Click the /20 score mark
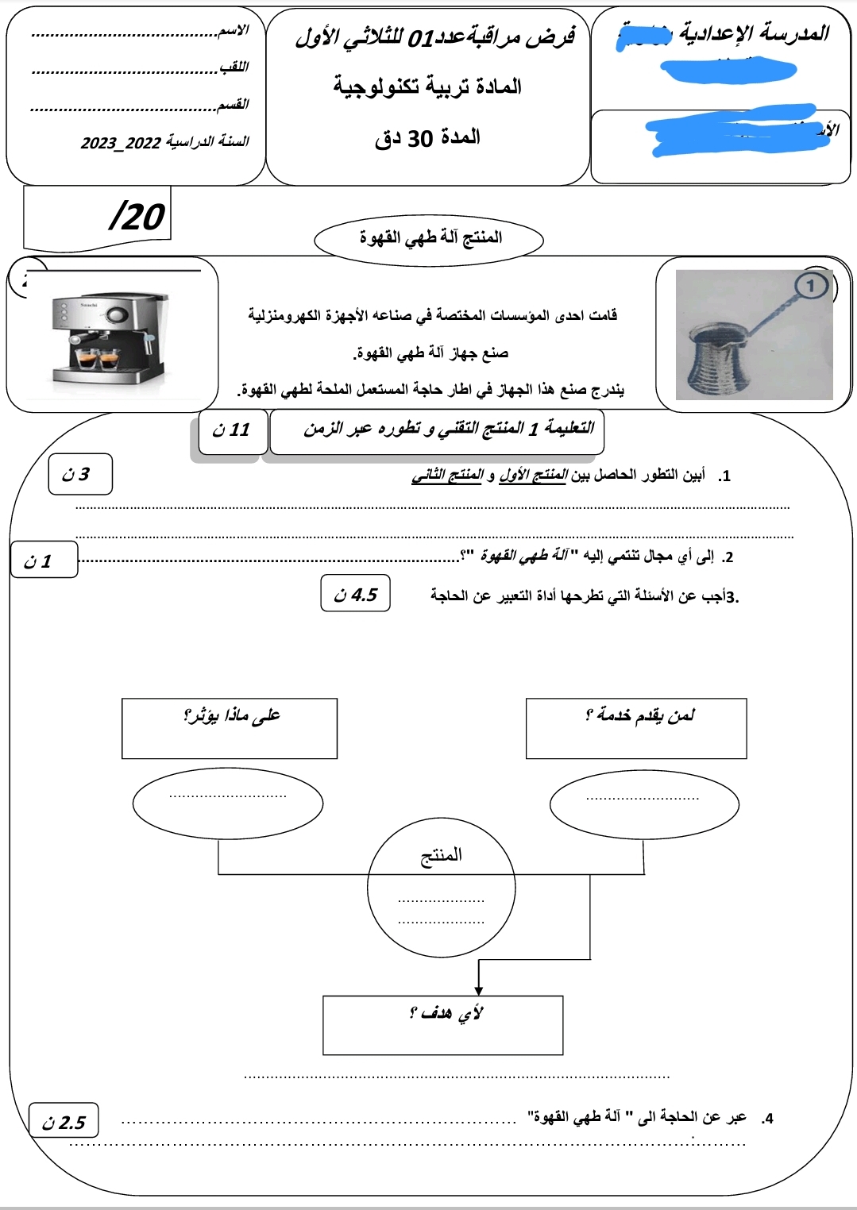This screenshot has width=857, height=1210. pyautogui.click(x=137, y=216)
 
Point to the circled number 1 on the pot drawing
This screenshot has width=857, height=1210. pyautogui.click(x=810, y=286)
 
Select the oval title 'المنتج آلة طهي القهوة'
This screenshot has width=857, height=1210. pyautogui.click(x=429, y=238)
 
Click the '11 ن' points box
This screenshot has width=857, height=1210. pyautogui.click(x=232, y=430)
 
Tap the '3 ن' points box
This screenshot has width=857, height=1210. pyautogui.click(x=79, y=475)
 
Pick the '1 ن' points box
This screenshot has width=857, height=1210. pyautogui.click(x=44, y=561)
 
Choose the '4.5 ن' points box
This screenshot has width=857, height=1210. pyautogui.click(x=356, y=594)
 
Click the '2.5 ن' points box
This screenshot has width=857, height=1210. pyautogui.click(x=64, y=1122)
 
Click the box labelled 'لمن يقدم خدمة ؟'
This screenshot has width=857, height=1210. pyautogui.click(x=636, y=728)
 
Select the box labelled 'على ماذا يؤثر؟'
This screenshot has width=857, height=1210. pyautogui.click(x=230, y=728)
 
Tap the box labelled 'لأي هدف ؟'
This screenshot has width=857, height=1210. pyautogui.click(x=442, y=1025)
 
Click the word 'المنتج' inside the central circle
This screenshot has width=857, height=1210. pyautogui.click(x=441, y=855)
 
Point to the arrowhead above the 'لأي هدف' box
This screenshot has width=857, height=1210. pyautogui.click(x=478, y=989)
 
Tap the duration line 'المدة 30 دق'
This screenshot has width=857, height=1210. pyautogui.click(x=428, y=138)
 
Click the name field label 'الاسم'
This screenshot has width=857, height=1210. pyautogui.click(x=234, y=30)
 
